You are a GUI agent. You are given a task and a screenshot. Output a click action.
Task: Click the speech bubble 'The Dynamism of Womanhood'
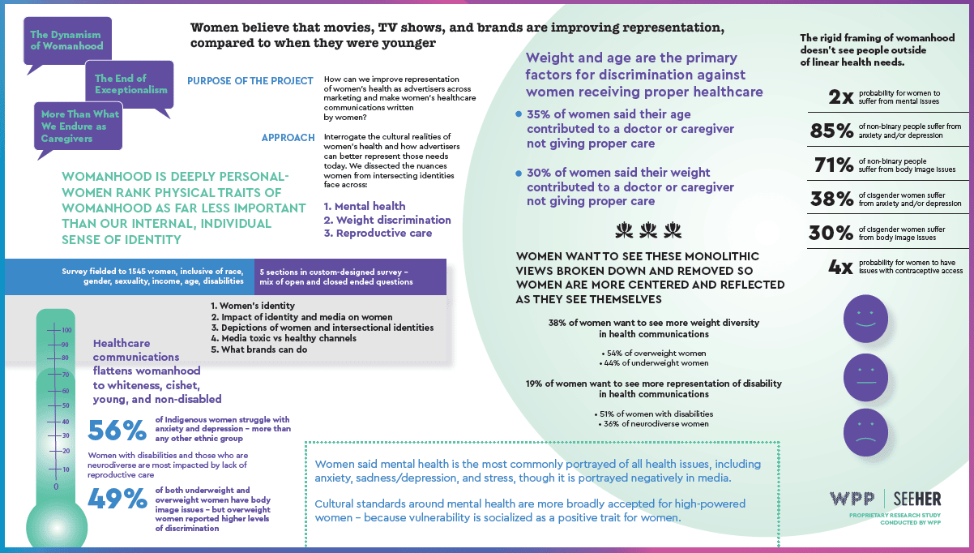[66, 41]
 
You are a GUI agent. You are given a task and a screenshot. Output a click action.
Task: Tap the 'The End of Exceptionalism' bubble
[130, 84]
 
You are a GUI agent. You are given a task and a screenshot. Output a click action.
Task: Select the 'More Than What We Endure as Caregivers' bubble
[79, 126]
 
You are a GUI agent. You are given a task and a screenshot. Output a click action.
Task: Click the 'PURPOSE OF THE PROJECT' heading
[250, 80]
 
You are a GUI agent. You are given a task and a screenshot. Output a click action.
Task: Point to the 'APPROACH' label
[288, 138]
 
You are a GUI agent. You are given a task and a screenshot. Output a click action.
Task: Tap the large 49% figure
[118, 499]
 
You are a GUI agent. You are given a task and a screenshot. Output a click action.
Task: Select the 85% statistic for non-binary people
[832, 131]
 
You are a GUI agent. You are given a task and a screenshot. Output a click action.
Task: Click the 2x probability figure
[840, 97]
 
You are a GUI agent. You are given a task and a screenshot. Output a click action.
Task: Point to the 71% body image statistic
[832, 165]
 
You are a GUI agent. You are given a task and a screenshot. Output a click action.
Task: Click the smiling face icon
[866, 316]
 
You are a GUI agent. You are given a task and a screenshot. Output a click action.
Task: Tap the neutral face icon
[866, 374]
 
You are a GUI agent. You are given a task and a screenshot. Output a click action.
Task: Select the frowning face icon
[866, 432]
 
